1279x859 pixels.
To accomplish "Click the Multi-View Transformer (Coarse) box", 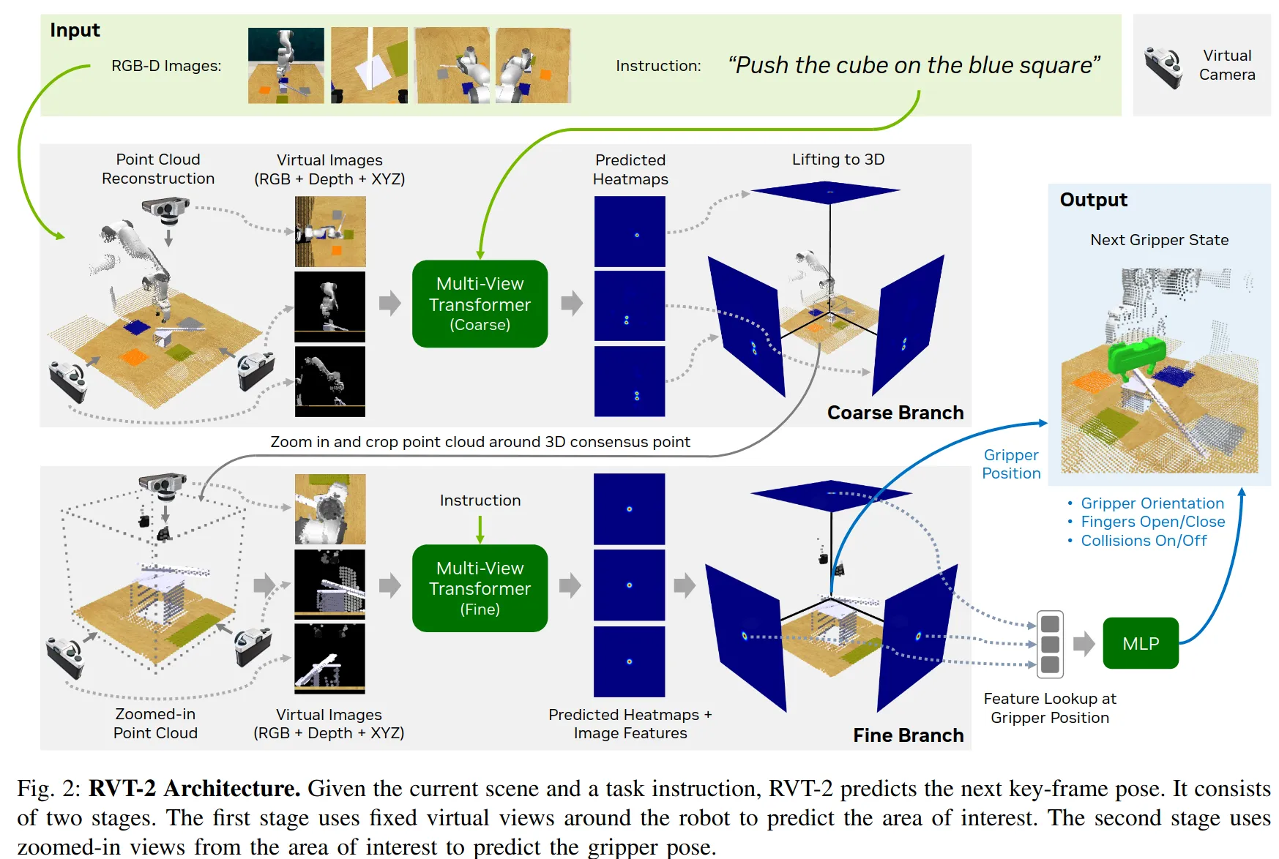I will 480,304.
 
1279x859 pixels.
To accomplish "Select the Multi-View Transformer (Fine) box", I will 480,588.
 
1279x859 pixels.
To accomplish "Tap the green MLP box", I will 1140,643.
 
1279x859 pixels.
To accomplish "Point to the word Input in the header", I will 75,30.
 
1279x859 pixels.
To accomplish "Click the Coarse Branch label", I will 895,413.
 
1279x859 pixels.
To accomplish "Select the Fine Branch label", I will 908,735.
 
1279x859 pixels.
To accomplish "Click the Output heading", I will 1093,200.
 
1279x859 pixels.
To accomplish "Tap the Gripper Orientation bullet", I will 1152,503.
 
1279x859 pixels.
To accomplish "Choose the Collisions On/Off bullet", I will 1144,541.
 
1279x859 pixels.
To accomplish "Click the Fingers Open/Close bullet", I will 1152,522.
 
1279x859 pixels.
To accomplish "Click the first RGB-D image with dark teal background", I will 286,66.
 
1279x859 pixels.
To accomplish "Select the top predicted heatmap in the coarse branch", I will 630,231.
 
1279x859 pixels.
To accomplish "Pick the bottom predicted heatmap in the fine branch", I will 629,661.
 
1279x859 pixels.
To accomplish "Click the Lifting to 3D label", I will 838,160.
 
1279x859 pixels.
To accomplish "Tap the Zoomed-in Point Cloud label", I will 155,723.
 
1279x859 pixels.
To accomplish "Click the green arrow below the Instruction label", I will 480,529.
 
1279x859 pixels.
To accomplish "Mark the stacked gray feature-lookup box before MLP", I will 1050,644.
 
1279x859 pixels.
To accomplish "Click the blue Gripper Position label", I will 1010,464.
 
